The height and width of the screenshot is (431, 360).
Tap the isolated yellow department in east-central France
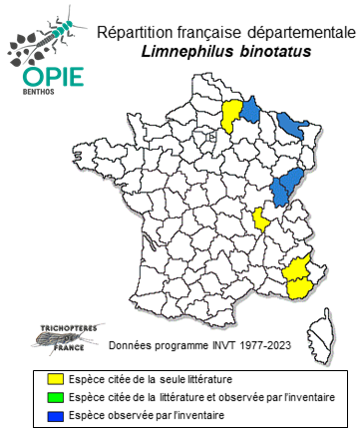[260, 218]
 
